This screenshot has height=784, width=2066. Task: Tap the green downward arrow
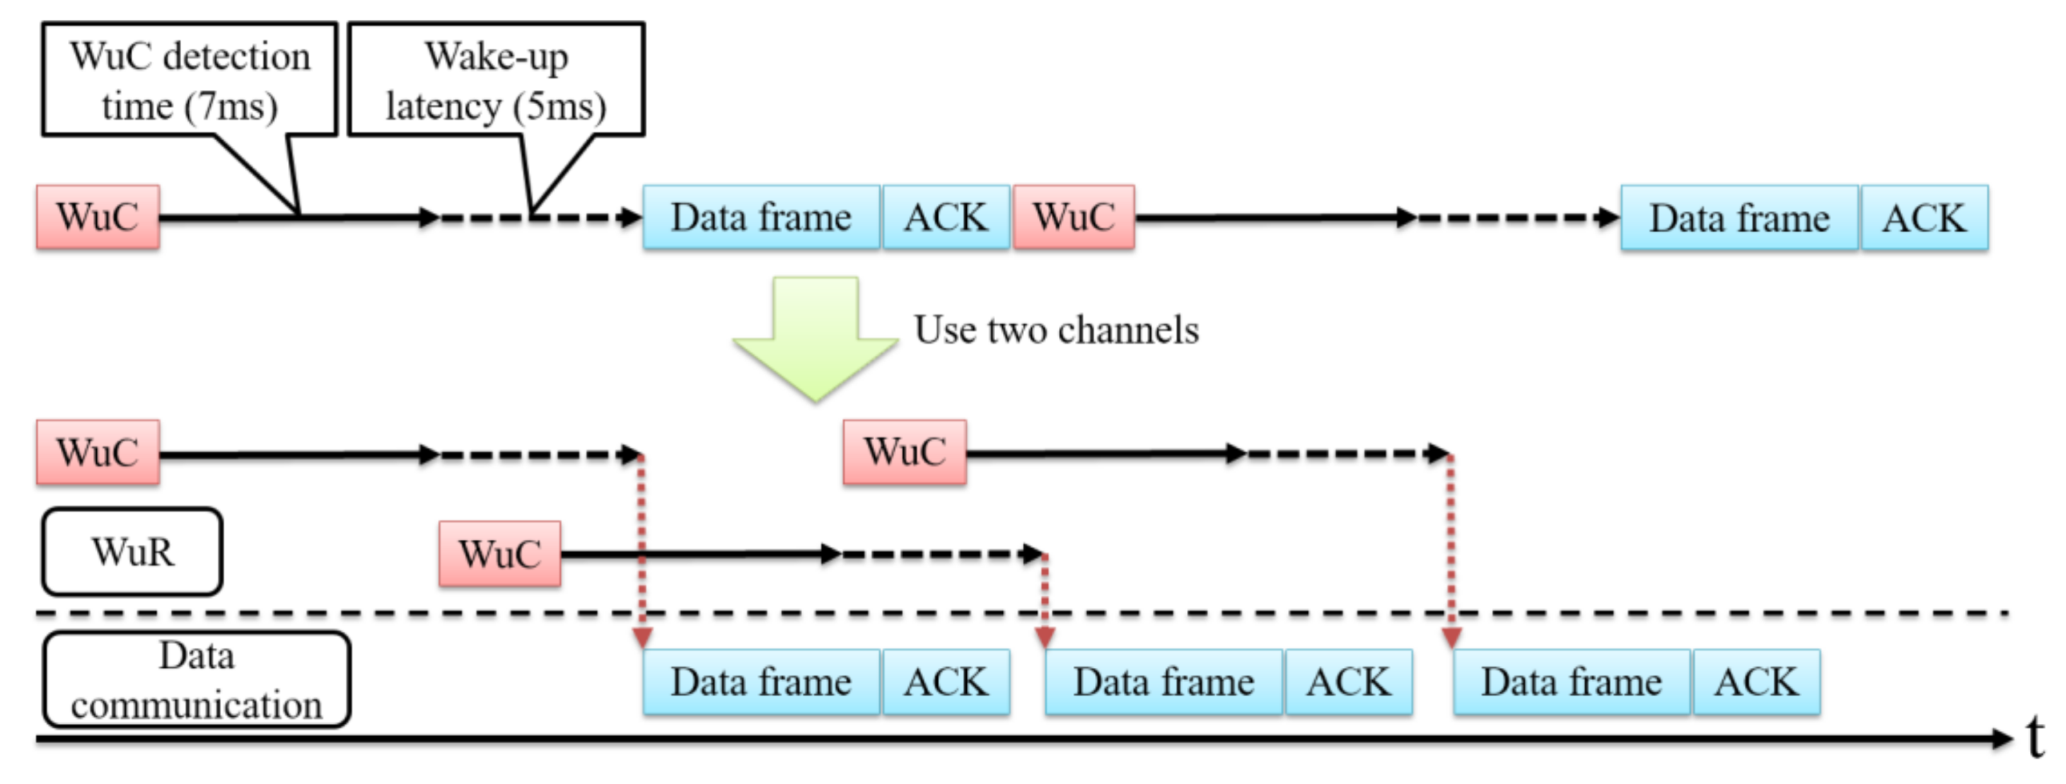[x=815, y=337]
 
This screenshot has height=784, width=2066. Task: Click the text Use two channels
[x=1056, y=330]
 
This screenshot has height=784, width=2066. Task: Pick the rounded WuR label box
[x=132, y=552]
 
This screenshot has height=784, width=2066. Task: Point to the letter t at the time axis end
[x=2035, y=737]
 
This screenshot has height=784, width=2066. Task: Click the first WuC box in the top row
[x=98, y=217]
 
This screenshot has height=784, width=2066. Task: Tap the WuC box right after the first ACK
[x=1074, y=217]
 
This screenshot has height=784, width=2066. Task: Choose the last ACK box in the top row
[x=1924, y=218]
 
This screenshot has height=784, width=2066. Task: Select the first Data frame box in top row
[x=761, y=217]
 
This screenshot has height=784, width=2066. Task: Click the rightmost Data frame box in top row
[x=1739, y=218]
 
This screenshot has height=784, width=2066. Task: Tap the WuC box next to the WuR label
[x=499, y=554]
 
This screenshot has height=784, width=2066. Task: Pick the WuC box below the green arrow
[x=905, y=451]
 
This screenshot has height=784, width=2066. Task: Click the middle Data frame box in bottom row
[x=1163, y=682]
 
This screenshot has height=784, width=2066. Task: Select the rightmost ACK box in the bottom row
[x=1756, y=682]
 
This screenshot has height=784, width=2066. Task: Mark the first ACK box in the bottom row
[x=946, y=682]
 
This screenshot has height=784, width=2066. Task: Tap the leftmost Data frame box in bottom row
[x=761, y=682]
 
